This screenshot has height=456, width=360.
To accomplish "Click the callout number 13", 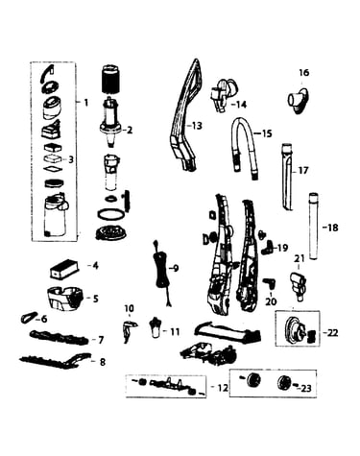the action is click(x=197, y=126).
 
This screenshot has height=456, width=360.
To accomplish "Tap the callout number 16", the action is click(x=304, y=73).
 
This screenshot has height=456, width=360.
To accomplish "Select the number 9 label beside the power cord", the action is click(x=176, y=268).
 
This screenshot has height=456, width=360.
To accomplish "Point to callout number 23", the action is click(x=306, y=389).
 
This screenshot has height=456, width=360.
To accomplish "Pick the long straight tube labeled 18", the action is click(x=313, y=226).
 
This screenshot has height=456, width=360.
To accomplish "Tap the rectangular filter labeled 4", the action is click(x=64, y=270).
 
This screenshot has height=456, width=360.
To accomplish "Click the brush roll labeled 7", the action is click(x=60, y=338).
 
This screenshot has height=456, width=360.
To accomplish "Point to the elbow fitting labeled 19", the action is click(x=267, y=248).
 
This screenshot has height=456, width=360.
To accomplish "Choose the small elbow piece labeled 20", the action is click(x=270, y=283).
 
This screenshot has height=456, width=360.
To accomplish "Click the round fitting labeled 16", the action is click(x=299, y=99).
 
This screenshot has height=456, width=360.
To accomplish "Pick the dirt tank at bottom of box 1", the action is click(x=55, y=215).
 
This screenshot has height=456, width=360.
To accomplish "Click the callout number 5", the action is click(x=96, y=299).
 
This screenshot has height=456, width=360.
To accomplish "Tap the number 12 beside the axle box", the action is click(x=223, y=388).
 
